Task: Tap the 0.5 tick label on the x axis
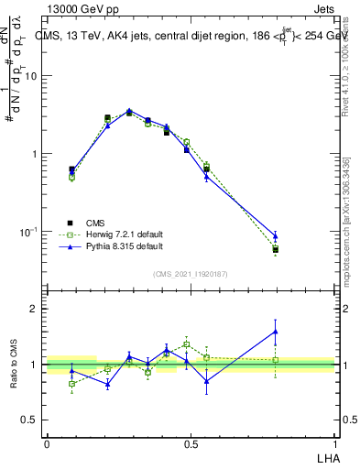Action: (191, 444)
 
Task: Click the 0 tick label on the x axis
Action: (47, 444)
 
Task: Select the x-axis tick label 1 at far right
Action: (334, 444)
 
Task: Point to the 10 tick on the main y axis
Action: (31, 76)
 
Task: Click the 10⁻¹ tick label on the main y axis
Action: (29, 232)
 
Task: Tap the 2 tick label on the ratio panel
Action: (34, 309)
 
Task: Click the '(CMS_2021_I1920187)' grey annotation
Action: (190, 274)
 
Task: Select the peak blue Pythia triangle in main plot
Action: (129, 111)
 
